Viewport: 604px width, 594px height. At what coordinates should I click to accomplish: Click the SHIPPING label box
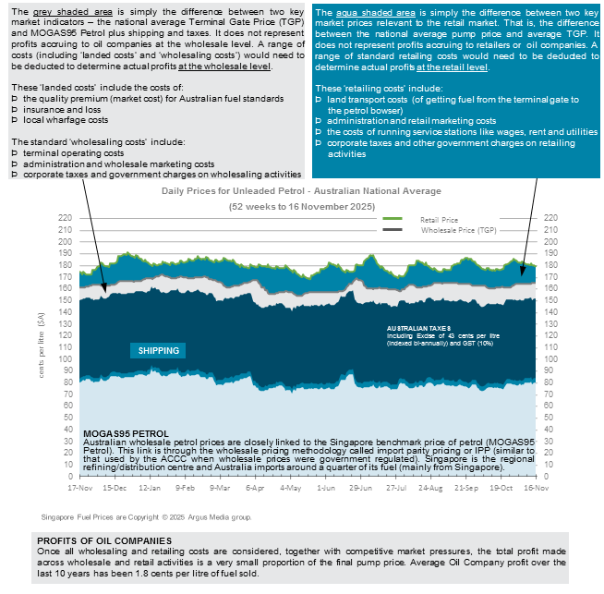(x=159, y=350)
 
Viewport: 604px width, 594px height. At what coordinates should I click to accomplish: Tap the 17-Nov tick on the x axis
(x=81, y=486)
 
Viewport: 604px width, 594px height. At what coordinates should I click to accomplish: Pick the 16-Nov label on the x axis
(x=527, y=486)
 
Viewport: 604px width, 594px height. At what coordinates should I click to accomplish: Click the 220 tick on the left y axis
(x=64, y=217)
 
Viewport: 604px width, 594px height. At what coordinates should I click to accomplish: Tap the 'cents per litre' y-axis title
(x=40, y=347)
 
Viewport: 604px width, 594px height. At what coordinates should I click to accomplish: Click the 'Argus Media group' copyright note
(x=146, y=517)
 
